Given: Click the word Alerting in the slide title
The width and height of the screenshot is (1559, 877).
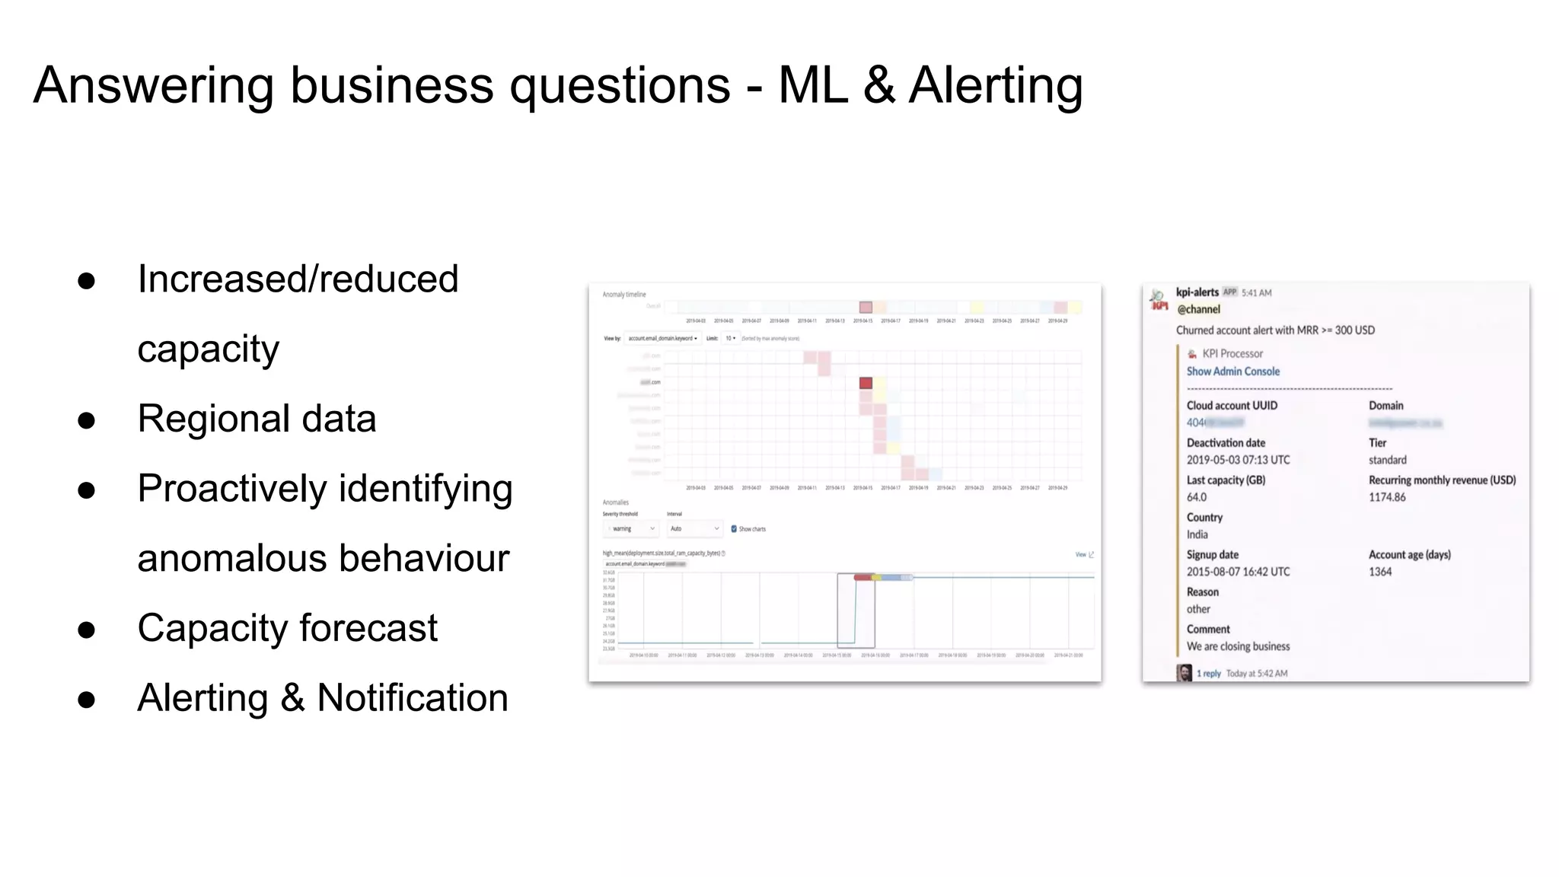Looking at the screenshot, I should [x=996, y=85].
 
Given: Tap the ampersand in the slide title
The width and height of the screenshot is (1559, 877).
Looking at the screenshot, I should [x=878, y=85].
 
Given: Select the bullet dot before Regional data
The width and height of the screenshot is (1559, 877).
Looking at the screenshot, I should [x=87, y=420].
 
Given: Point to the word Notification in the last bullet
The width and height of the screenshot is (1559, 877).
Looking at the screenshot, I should [x=412, y=698].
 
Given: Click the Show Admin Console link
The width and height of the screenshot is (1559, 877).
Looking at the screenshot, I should [x=1232, y=372].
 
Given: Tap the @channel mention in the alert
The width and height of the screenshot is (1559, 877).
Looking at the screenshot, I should [x=1198, y=309].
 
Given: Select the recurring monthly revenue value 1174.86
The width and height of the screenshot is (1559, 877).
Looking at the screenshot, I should [x=1387, y=497].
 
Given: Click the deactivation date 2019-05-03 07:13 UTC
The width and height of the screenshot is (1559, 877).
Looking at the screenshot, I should [x=1238, y=460].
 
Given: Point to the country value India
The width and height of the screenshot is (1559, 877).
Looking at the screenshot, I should [x=1197, y=534].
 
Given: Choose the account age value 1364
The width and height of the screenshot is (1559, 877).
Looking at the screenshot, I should [x=1379, y=572].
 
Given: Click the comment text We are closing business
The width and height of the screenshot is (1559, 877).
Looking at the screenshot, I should [x=1238, y=646].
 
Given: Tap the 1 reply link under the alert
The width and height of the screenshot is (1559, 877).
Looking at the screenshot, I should [x=1208, y=674].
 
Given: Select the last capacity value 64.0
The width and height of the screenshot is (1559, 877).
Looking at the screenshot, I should [x=1196, y=497].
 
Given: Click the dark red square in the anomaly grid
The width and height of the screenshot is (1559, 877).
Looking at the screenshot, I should [x=866, y=383].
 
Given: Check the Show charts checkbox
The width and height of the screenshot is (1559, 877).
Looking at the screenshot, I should [x=734, y=529].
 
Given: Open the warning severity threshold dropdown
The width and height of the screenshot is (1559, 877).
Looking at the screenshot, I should [x=631, y=529].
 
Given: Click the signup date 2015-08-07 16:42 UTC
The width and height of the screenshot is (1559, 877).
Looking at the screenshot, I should [x=1238, y=572].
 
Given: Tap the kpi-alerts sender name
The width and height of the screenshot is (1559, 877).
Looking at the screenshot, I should [x=1197, y=292].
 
